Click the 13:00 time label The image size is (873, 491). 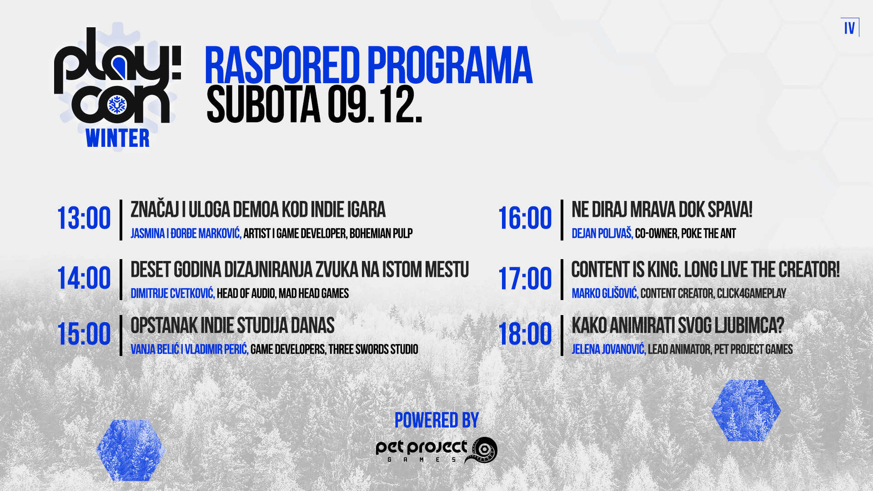(84, 219)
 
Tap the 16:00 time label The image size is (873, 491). (525, 219)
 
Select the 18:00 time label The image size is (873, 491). (525, 335)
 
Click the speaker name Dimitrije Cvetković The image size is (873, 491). (172, 294)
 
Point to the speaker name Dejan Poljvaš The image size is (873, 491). (602, 234)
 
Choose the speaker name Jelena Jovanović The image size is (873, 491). (608, 350)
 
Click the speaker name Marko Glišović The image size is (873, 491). (605, 294)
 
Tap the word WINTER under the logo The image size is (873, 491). (117, 139)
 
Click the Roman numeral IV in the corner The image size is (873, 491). (849, 28)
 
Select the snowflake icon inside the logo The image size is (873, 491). (117, 105)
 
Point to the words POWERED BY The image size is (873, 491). (436, 421)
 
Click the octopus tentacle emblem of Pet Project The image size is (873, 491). (482, 450)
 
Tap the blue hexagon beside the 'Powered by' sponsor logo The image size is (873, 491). (130, 450)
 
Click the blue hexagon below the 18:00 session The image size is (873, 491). (746, 411)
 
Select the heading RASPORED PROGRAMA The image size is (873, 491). (368, 66)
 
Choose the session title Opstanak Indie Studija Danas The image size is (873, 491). (232, 326)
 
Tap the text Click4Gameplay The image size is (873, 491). (751, 294)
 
